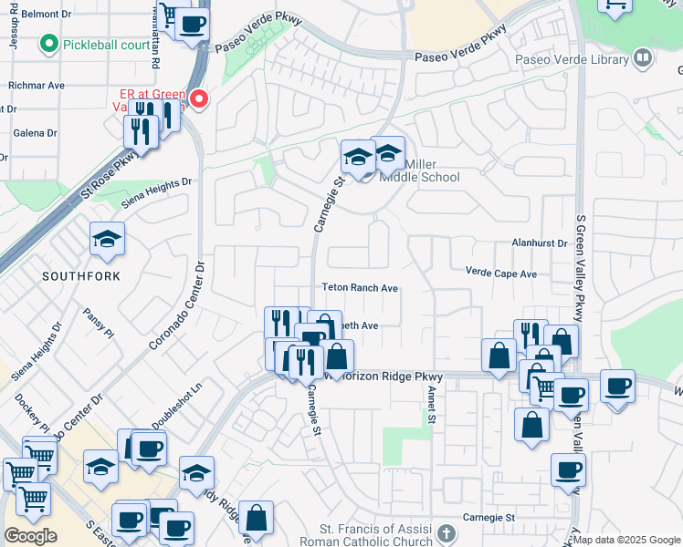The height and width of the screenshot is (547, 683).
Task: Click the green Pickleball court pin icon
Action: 48,44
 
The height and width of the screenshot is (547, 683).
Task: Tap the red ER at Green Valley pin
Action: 198,98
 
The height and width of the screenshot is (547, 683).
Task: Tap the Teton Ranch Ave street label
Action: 360,288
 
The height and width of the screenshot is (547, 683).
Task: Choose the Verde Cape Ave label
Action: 501,273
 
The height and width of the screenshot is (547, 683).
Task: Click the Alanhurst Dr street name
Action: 539,244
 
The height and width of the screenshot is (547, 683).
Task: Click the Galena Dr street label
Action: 36,133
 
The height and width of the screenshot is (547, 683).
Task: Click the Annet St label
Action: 430,405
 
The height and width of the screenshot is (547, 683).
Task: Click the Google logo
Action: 31,536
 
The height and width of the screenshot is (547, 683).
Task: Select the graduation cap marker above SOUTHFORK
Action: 107,240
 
